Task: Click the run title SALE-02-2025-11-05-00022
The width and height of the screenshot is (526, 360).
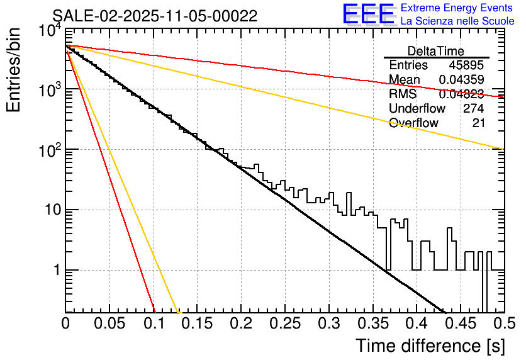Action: point(154,16)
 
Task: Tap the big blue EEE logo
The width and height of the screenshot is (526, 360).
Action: point(369,14)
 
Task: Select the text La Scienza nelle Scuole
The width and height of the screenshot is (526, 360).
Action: point(457,21)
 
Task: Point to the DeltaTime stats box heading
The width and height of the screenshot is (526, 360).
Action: point(436,51)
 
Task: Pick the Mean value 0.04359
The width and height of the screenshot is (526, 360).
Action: point(461,80)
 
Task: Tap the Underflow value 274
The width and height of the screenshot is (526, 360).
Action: point(473,108)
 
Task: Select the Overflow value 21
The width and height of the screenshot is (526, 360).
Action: point(479,123)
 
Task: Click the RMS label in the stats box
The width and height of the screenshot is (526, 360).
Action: point(403,94)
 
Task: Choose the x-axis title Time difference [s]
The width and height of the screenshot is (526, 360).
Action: point(430,346)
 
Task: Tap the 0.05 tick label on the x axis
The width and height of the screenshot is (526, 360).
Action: point(109,324)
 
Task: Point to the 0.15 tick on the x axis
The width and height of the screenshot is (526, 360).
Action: point(196,324)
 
